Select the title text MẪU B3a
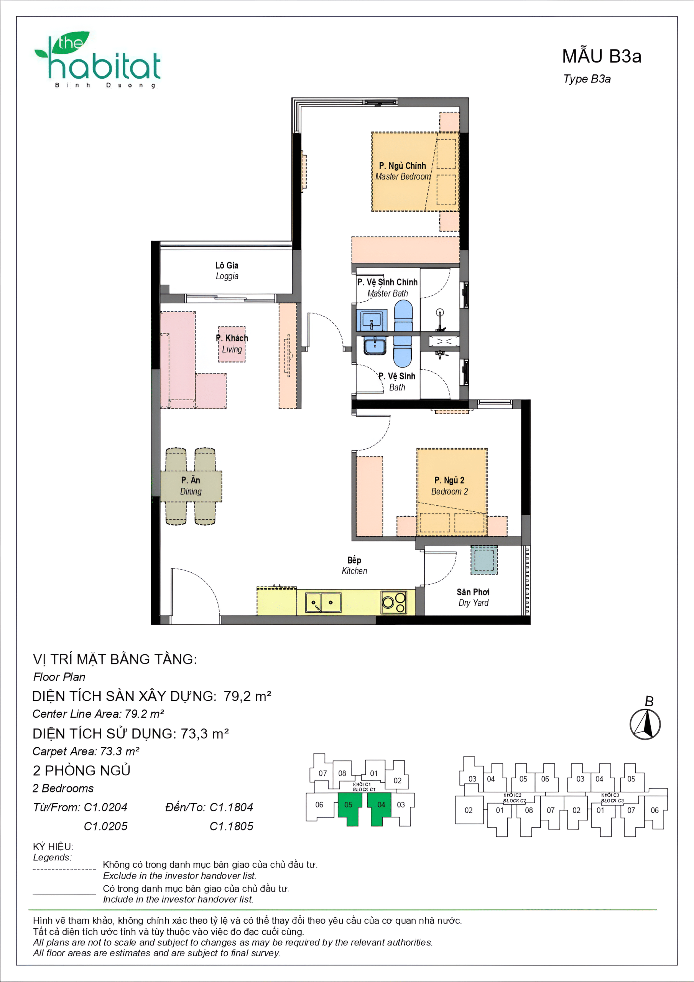[601, 56]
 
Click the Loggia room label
[227, 270]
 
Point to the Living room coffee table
[232, 344]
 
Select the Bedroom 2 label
[449, 486]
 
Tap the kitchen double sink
[323, 603]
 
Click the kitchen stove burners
[394, 602]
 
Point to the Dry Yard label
[473, 597]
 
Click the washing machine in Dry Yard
[484, 560]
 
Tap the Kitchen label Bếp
[354, 565]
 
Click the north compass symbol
[645, 724]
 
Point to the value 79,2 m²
[247, 696]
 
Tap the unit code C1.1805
[231, 826]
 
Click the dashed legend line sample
[64, 869]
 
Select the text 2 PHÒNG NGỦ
[81, 771]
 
